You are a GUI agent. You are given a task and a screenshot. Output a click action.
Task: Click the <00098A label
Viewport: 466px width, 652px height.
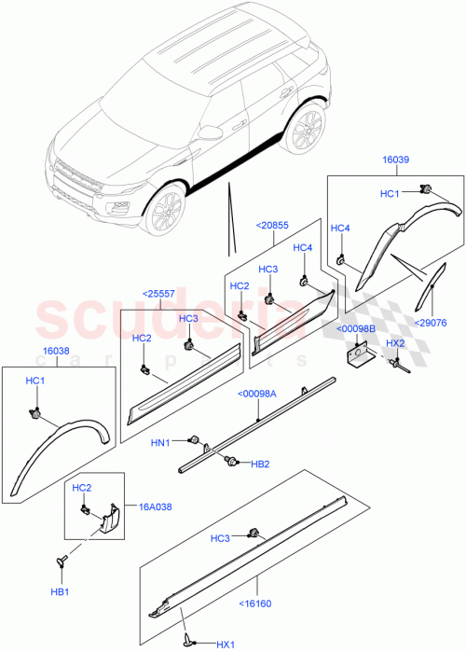(258, 394)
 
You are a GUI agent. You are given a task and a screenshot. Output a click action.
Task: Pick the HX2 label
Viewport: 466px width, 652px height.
(396, 343)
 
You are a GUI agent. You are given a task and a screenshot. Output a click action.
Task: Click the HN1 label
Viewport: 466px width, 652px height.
(161, 442)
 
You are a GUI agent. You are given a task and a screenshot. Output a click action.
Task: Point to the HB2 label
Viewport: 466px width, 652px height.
(260, 464)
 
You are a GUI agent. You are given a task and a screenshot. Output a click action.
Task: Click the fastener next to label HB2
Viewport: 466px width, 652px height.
(231, 459)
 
